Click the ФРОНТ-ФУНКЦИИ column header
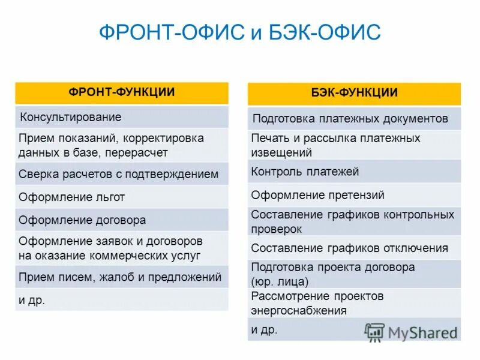(x=121, y=92)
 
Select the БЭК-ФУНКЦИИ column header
(x=354, y=93)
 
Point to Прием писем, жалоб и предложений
(x=120, y=277)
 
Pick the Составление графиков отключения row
(x=349, y=248)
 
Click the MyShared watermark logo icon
(x=375, y=332)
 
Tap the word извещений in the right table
(x=281, y=152)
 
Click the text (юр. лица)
(x=280, y=281)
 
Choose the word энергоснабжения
(x=299, y=310)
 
